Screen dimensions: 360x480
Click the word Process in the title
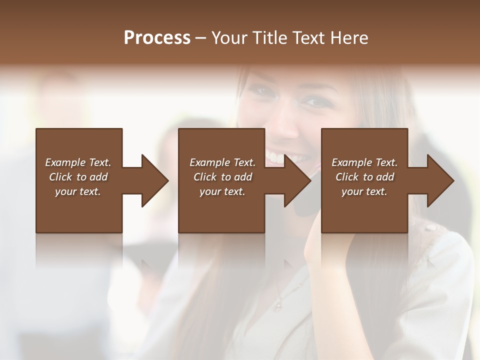(x=157, y=38)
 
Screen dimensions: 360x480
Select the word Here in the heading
(x=348, y=38)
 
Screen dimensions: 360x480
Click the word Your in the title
(x=229, y=38)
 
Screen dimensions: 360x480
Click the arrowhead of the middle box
(x=297, y=180)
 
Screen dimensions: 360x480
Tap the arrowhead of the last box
(x=440, y=180)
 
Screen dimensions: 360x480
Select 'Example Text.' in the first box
(x=78, y=162)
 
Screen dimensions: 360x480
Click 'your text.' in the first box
(x=78, y=191)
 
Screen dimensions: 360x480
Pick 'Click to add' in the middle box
(x=222, y=177)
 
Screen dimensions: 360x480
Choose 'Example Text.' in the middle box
(x=222, y=162)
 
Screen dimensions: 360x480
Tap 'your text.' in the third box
(x=364, y=191)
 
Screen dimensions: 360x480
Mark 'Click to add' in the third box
(x=364, y=177)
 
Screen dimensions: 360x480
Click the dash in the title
(x=201, y=38)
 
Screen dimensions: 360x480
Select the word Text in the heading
(x=308, y=38)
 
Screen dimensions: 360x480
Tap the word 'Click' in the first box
(x=60, y=177)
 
